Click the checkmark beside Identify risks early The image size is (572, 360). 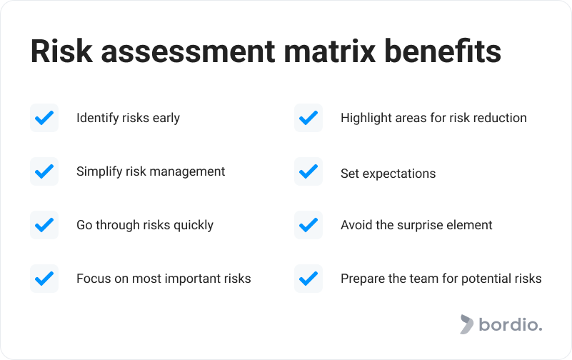(x=44, y=118)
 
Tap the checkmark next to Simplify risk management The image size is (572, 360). (x=44, y=171)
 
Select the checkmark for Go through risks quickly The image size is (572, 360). (x=44, y=225)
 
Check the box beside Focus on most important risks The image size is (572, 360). (x=44, y=279)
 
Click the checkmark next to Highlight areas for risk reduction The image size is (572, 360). (x=308, y=118)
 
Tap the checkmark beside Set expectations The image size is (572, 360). (x=308, y=171)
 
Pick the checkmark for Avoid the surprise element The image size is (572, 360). (x=308, y=225)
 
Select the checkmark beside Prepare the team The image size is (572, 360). (x=308, y=279)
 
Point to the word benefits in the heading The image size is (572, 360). (x=443, y=51)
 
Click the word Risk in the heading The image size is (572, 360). (x=61, y=51)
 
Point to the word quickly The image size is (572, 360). (x=194, y=226)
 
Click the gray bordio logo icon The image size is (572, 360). (x=466, y=324)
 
